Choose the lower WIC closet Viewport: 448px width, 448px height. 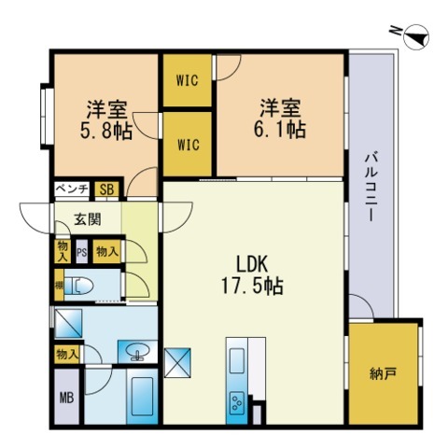pos(188,145)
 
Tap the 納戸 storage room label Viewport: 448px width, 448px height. pos(383,374)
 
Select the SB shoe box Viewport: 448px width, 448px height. pos(107,189)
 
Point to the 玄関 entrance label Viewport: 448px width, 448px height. pos(88,220)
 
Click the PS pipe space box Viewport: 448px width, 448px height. pos(81,251)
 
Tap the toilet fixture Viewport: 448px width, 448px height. pos(80,286)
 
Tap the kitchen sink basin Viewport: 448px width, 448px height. pos(233,360)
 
